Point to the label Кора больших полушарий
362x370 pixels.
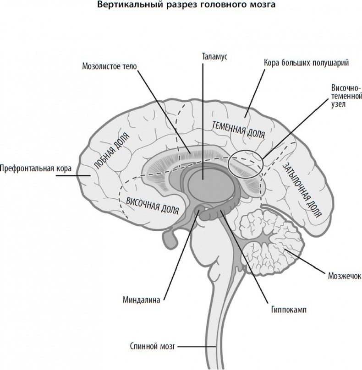(x=307, y=63)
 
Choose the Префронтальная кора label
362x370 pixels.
(x=36, y=168)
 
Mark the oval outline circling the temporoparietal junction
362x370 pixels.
(x=246, y=163)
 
